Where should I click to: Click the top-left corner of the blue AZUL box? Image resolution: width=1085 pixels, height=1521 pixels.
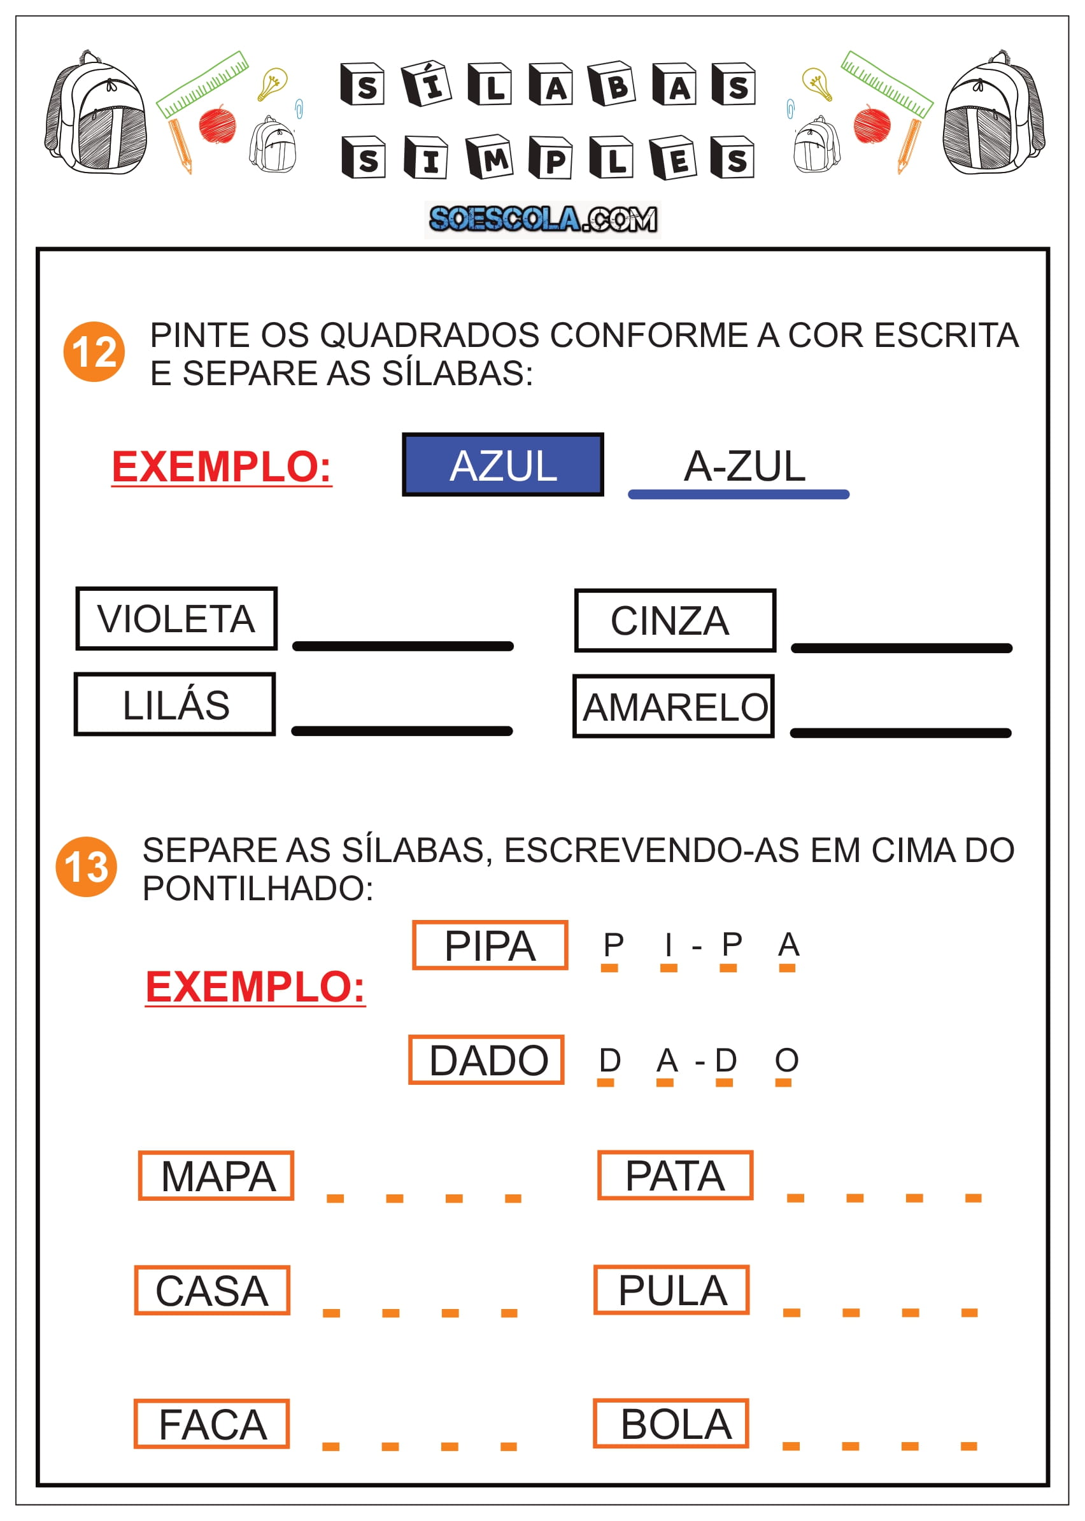403,434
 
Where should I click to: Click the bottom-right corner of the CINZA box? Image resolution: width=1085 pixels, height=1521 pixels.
775,651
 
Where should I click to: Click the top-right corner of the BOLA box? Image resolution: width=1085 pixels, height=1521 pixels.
748,1400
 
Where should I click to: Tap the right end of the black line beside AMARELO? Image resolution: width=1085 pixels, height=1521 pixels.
1009,733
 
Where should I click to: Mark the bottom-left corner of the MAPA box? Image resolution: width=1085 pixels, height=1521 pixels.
139,1199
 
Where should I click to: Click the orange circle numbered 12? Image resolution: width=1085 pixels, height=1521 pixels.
94,351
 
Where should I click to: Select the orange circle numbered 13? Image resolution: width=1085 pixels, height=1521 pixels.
86,867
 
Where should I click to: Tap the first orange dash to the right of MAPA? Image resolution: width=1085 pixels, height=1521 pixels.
335,1198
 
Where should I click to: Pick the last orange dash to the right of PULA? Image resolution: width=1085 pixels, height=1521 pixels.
969,1313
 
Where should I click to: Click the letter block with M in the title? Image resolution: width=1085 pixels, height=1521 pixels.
489,158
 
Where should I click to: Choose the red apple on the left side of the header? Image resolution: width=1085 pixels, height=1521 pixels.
217,124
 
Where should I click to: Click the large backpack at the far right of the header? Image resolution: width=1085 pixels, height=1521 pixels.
993,112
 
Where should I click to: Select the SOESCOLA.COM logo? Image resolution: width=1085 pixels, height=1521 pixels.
542,219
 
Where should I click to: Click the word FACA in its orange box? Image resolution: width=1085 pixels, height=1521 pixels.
213,1425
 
